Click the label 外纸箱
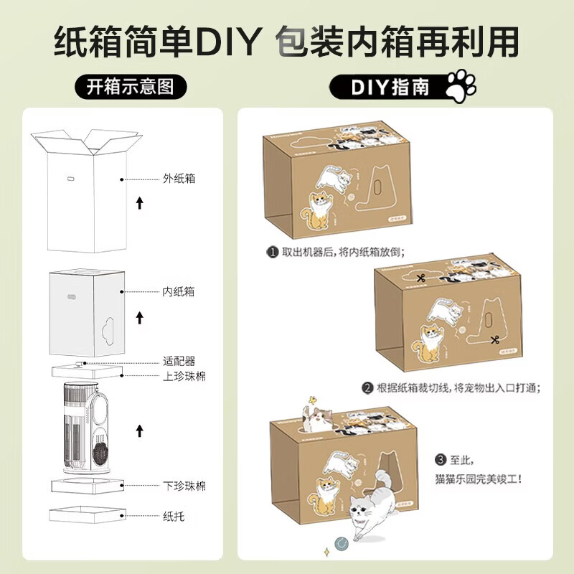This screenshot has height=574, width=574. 179,179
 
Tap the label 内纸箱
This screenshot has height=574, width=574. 179,292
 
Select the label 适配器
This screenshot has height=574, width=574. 179,361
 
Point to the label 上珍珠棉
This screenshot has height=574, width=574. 184,375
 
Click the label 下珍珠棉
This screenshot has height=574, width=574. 184,486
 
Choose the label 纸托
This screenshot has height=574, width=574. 173,515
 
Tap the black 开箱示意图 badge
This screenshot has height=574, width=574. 131,88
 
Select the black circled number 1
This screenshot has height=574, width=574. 272,253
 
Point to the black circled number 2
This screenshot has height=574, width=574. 367,387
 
